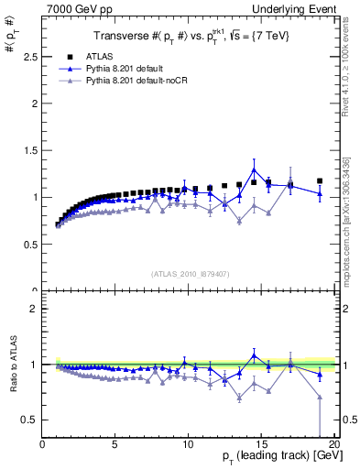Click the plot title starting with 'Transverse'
[188, 37]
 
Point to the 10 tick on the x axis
[188, 444]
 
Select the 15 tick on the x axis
[261, 444]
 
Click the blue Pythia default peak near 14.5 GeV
[254, 169]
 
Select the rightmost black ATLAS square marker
[320, 181]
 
